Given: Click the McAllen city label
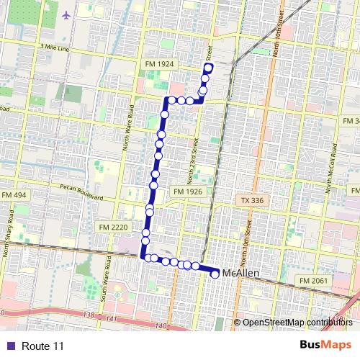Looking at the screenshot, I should [x=241, y=274].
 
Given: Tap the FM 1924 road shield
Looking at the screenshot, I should [x=163, y=64].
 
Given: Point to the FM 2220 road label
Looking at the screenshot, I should [x=112, y=226].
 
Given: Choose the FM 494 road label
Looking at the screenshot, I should [x=13, y=196].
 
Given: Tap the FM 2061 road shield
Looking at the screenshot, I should [x=313, y=279].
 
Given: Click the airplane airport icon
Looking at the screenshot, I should [x=67, y=14].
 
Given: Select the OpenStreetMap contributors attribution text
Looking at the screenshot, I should [x=297, y=323].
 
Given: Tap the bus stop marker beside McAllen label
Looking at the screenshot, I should [x=215, y=274].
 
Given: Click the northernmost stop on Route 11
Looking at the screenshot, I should [x=208, y=68].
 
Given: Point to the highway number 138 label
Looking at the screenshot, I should [x=89, y=316].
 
